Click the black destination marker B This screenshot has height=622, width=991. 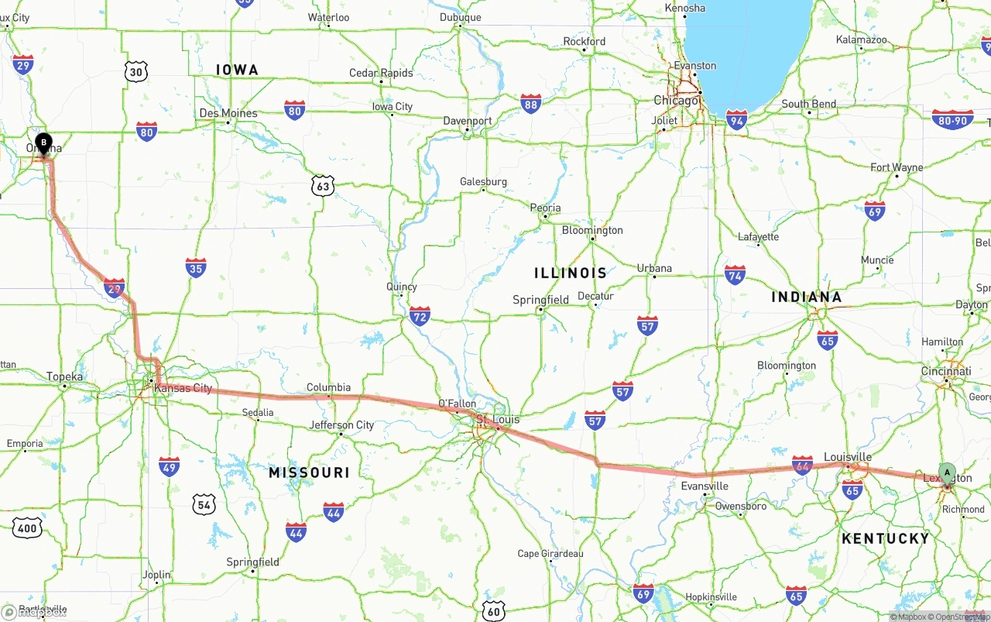[44, 143]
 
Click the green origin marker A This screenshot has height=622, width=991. [947, 473]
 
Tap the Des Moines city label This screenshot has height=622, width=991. [228, 113]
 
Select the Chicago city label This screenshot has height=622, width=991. [676, 100]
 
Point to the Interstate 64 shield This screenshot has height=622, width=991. [802, 466]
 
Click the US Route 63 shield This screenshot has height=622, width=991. [323, 186]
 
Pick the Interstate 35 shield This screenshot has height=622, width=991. [196, 269]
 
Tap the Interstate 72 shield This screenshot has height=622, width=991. [420, 315]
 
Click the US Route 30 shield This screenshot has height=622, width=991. [136, 72]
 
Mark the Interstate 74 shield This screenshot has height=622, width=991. [735, 274]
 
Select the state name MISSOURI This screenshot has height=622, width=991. [309, 473]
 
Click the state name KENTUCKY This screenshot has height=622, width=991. [885, 538]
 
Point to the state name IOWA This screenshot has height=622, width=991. [237, 70]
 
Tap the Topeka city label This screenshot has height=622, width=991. [65, 376]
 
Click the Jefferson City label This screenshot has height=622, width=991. [341, 424]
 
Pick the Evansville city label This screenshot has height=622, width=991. [705, 486]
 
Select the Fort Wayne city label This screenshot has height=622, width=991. [897, 167]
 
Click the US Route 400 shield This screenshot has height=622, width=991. [27, 528]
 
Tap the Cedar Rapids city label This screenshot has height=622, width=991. [381, 73]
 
